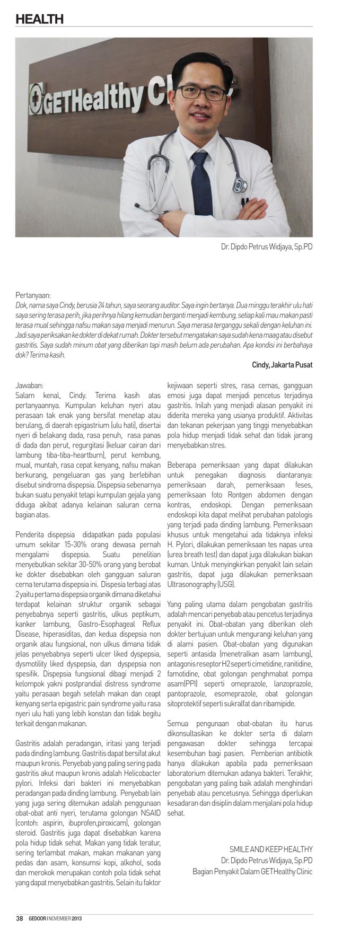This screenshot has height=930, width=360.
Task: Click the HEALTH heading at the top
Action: (x=39, y=19)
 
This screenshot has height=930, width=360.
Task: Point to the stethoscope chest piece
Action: (x=239, y=184)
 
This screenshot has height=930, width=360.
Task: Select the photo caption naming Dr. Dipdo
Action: (x=267, y=247)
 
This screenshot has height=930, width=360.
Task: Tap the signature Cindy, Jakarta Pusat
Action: (x=282, y=365)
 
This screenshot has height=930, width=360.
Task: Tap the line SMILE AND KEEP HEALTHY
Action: (x=271, y=849)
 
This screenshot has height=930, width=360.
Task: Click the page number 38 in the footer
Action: (x=19, y=918)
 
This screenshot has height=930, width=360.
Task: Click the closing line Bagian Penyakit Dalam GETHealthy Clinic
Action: (x=252, y=871)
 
